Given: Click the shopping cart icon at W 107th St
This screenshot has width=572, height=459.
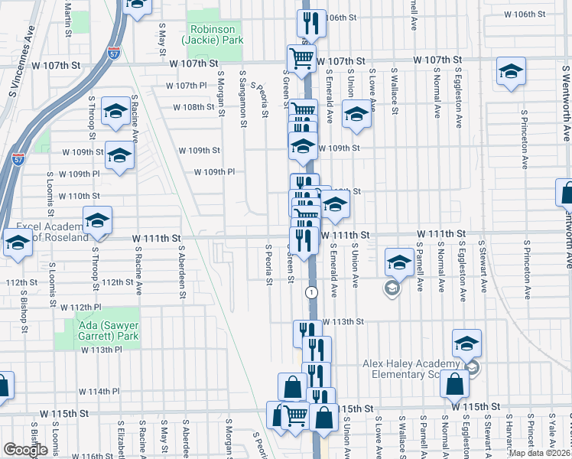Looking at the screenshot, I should pos(301,57).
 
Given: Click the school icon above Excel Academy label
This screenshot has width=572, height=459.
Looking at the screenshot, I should pos(97,220).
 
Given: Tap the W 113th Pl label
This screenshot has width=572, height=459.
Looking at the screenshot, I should pos(102,350).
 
